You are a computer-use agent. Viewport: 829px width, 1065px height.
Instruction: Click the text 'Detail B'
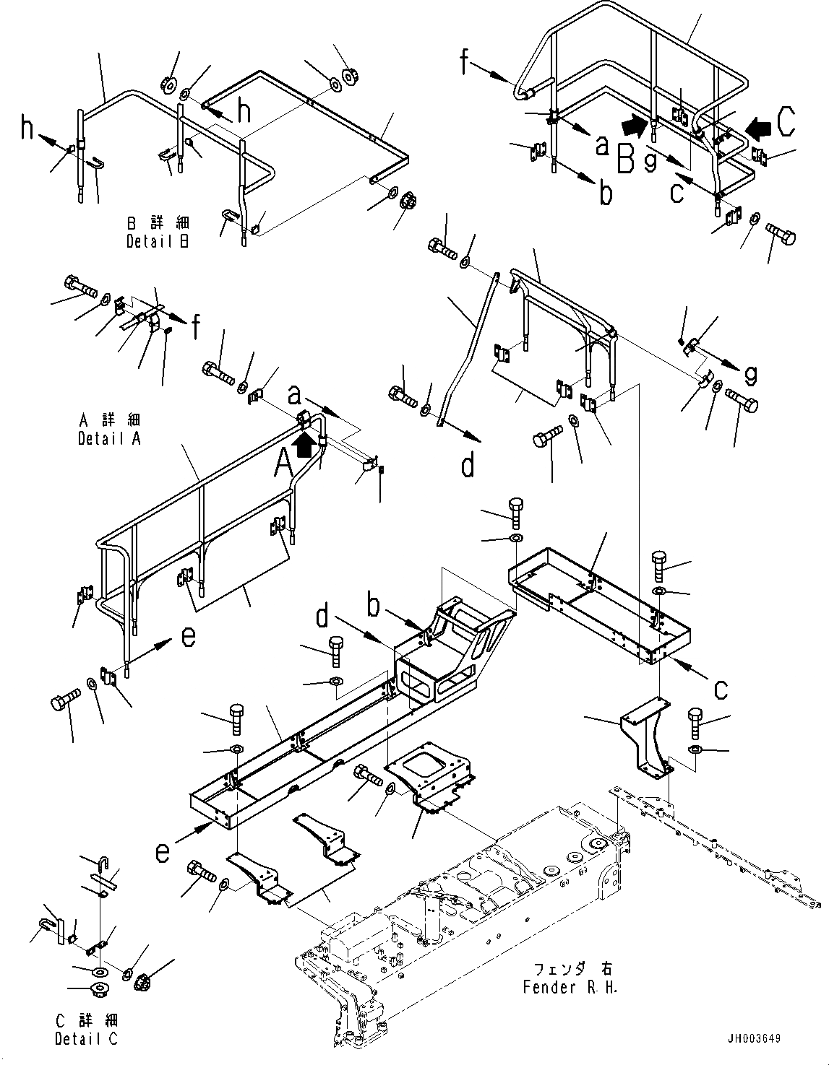[x=157, y=242]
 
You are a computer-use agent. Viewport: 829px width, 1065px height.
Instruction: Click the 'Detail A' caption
[x=109, y=438]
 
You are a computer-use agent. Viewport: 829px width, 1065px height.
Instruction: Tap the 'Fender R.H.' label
[x=570, y=987]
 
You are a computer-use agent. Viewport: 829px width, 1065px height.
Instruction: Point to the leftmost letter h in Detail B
[x=27, y=129]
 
